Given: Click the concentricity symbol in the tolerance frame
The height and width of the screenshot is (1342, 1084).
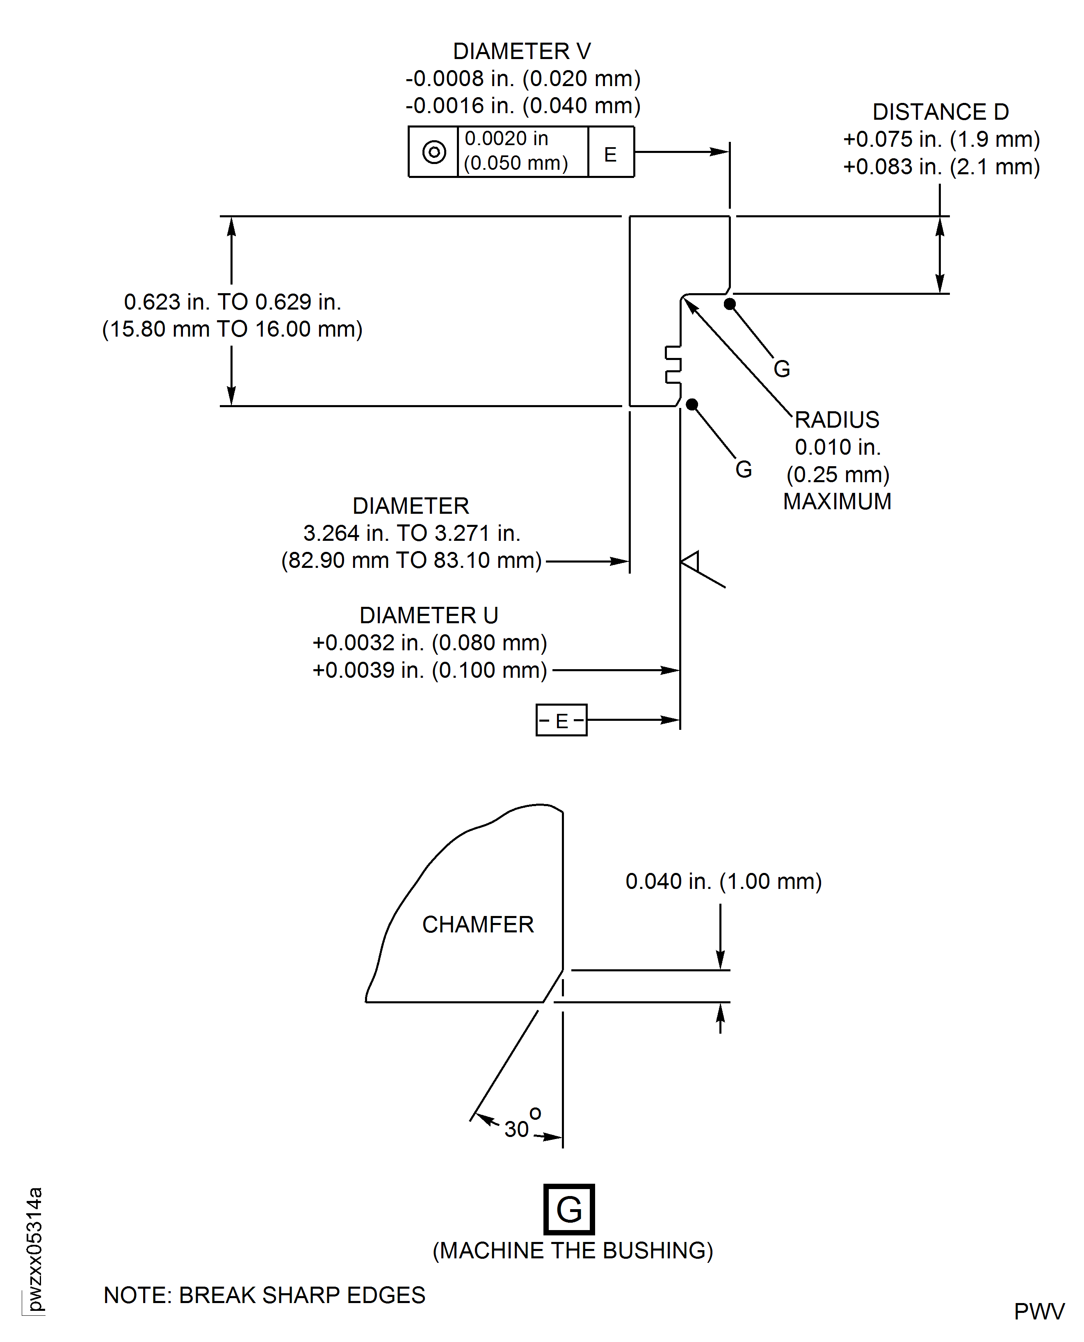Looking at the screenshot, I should tap(434, 152).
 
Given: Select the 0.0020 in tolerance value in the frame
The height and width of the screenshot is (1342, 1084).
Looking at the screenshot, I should tap(507, 139).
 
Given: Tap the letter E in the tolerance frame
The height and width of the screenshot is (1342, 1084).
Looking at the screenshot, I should tap(610, 154).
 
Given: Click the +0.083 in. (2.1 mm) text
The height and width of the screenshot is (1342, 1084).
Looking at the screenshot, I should tap(941, 166).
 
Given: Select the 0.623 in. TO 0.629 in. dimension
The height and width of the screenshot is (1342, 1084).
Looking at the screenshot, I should tap(232, 302).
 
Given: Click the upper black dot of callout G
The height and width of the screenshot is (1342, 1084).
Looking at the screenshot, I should tap(729, 304).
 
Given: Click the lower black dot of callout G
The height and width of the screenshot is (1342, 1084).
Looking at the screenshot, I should tap(692, 404).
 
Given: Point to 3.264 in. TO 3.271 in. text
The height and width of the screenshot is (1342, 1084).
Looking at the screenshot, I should tap(411, 533).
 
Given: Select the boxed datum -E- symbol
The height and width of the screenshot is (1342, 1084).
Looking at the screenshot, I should tap(561, 720).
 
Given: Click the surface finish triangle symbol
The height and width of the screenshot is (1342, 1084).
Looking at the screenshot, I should tap(691, 562).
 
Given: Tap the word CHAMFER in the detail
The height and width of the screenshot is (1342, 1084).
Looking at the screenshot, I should tap(478, 925).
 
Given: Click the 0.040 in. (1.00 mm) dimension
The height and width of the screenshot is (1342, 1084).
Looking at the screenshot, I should tap(723, 882).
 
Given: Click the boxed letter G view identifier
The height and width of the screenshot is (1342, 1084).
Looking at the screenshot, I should tap(569, 1209).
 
